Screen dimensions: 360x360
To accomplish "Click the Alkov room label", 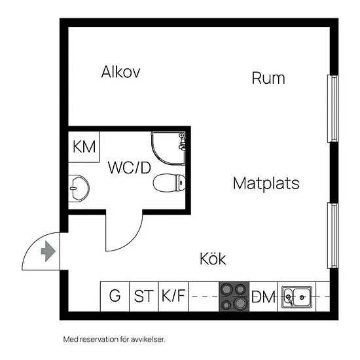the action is [120, 72].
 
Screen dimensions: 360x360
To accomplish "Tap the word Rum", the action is [268, 78].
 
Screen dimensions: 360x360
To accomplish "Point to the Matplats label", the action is [266, 183].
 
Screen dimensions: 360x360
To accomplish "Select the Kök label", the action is [213, 259].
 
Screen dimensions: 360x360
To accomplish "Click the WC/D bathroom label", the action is [130, 168].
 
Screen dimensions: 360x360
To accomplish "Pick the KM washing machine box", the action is [84, 147].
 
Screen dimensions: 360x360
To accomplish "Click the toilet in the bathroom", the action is [170, 183].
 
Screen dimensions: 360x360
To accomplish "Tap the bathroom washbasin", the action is [79, 189].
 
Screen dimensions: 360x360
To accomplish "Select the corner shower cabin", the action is [168, 149].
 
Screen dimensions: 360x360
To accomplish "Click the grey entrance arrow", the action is [48, 251].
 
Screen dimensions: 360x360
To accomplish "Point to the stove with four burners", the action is [234, 297].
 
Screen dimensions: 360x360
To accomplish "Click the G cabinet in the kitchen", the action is [115, 297].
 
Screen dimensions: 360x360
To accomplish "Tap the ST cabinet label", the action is [144, 296].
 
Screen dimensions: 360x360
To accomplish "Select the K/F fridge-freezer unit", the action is [173, 297].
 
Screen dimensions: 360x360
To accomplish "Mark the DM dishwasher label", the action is [263, 297].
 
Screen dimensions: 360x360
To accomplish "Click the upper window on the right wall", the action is [333, 109].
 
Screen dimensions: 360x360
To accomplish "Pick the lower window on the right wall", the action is [333, 236].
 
